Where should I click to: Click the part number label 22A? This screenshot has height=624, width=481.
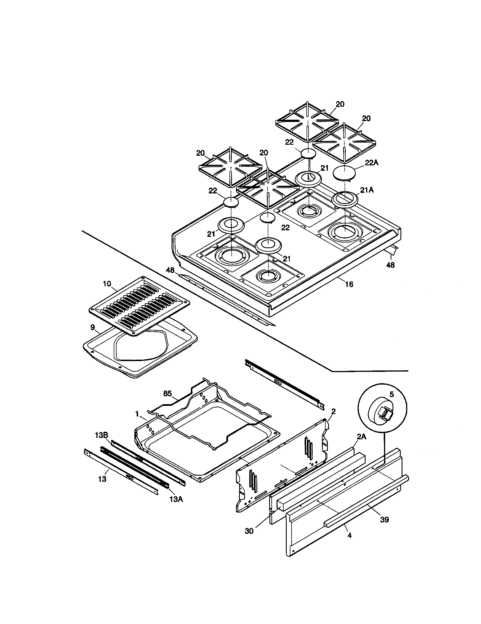pos(372,163)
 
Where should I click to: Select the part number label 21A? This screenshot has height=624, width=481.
pos(367,190)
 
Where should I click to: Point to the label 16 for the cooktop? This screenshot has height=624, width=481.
pos(349,284)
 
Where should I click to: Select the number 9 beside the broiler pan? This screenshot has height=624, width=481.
pos(92,327)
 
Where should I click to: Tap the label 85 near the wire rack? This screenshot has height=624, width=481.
pos(168,394)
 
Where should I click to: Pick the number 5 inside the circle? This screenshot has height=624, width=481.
pos(392,394)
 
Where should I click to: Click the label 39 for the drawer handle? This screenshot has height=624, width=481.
pos(385,519)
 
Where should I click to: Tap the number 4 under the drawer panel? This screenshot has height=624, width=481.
pos(349,535)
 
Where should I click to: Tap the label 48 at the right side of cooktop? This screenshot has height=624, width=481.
pos(390,265)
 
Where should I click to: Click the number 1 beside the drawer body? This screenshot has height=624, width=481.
pos(137,414)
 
